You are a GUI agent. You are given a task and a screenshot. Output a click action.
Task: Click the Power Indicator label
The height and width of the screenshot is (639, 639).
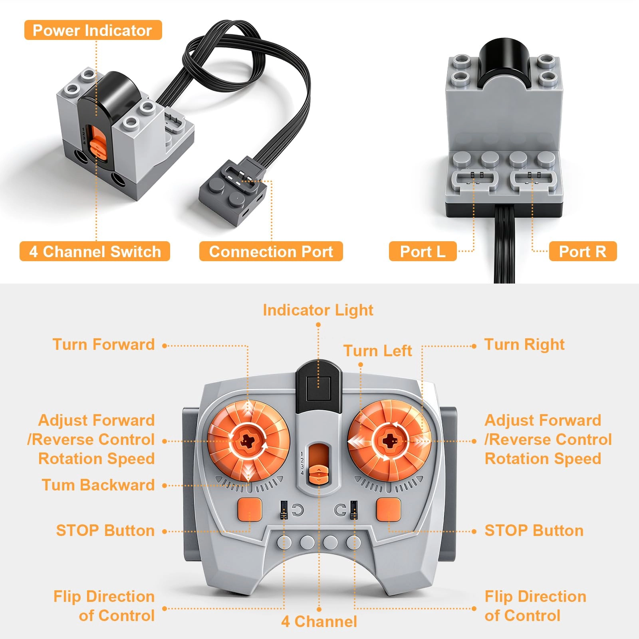(x=93, y=30)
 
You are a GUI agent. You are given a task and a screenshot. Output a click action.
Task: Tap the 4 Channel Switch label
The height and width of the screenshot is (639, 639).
(x=95, y=252)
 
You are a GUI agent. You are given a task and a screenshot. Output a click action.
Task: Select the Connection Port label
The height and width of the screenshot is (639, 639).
(x=271, y=252)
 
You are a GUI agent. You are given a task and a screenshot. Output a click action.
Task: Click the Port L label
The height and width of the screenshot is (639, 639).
(x=423, y=252)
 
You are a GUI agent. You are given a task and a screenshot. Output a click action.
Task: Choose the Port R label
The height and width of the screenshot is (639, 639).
(x=583, y=252)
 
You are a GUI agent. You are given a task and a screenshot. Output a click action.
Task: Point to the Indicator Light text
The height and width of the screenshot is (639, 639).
(x=318, y=310)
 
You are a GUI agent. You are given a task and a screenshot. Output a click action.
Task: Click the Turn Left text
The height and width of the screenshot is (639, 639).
(x=377, y=351)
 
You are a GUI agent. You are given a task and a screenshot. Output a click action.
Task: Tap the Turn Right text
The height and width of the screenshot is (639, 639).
(x=524, y=345)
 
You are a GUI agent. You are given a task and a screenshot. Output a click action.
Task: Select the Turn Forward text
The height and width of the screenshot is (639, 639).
(x=103, y=345)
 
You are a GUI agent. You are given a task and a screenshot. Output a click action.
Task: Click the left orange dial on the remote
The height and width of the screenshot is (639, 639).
(x=248, y=441)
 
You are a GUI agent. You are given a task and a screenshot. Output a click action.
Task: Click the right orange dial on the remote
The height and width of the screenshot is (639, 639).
(x=389, y=441)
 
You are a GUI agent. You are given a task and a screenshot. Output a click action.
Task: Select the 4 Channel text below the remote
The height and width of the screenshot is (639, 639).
(x=319, y=622)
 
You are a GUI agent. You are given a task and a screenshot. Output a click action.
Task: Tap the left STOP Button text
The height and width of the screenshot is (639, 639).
(x=105, y=531)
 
